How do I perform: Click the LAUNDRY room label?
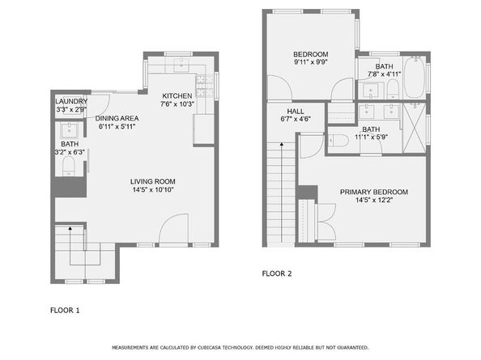click(71, 101)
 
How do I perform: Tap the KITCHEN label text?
click(177, 96)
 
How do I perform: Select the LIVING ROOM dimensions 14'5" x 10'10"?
click(153, 190)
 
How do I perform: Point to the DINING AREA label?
click(117, 118)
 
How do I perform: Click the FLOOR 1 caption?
click(65, 311)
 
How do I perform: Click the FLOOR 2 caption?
click(277, 273)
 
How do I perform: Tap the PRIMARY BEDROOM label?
click(374, 192)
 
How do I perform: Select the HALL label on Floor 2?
click(296, 111)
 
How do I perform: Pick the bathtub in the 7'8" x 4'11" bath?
click(415, 77)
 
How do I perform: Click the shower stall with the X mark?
click(415, 128)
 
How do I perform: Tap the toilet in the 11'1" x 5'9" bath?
click(339, 141)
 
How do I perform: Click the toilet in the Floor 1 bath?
click(69, 167)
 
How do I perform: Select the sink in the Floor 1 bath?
click(70, 130)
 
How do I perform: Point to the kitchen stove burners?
click(205, 87)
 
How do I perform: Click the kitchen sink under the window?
click(181, 65)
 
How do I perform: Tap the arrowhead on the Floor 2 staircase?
click(282, 144)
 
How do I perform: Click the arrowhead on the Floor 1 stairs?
click(70, 228)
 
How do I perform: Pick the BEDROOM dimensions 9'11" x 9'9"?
click(311, 62)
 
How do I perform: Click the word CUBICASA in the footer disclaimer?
click(209, 347)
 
